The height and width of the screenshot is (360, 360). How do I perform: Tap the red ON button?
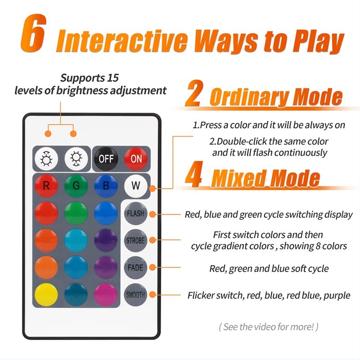pos(136,159)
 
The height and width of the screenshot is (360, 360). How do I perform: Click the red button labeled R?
pos(46,185)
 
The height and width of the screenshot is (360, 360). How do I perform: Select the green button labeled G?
pos(76,185)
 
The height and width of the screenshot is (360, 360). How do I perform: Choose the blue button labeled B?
pos(106,185)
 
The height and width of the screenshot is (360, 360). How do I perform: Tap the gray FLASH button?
pos(135,213)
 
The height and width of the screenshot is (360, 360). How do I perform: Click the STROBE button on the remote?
pos(135,241)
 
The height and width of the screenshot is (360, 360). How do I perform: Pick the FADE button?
pos(135,268)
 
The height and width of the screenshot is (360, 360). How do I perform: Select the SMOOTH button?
pos(135,295)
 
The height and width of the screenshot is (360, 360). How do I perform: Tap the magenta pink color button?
pos(106,295)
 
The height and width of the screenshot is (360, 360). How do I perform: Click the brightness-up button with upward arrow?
pos(46,159)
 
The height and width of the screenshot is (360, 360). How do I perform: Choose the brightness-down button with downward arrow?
pos(76,159)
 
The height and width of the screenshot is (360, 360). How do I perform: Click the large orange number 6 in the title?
pos(33,33)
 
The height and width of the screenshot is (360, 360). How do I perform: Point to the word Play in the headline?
pos(318,41)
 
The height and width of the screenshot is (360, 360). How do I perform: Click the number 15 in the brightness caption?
pos(113,78)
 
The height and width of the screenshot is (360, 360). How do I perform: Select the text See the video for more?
pos(268,327)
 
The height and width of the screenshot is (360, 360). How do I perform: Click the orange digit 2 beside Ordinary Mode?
pos(194,94)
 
